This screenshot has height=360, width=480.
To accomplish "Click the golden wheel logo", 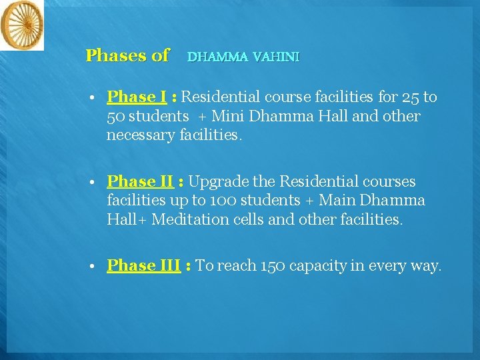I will pos(21,25).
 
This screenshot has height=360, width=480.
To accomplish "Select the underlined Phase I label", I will pos(136,97).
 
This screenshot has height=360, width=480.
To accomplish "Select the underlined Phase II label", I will pos(140,181).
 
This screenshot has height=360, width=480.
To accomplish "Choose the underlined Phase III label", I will pos(143,265).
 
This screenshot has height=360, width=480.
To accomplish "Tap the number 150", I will pos(274,266).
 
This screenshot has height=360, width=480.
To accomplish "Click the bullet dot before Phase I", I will pos(93,98).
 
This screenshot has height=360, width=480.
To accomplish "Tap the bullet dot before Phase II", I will pos(93,182).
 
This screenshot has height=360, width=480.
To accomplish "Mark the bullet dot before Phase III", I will pos(93,266).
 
